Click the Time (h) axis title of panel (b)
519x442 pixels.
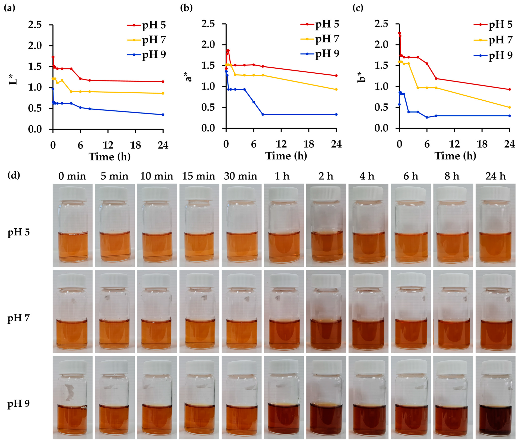[x=286, y=156]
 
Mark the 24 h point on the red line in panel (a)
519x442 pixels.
[x=163, y=82]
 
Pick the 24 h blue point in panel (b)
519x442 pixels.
[x=336, y=115]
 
